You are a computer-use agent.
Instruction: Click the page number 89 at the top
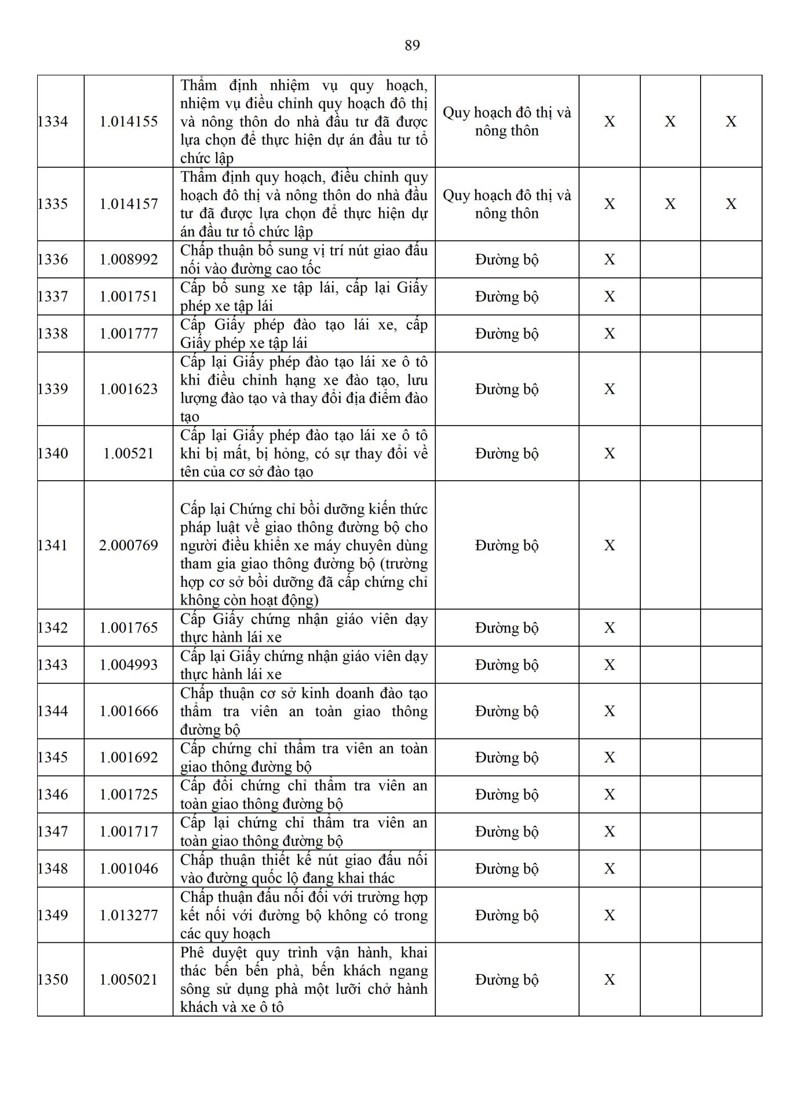tap(412, 45)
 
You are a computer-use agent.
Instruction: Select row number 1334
tap(53, 122)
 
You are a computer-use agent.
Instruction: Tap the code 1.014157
tap(129, 204)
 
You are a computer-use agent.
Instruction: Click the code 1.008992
tap(129, 259)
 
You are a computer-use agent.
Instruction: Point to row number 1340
tap(53, 453)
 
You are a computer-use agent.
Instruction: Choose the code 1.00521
tap(129, 453)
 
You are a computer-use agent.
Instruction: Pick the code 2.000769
tap(129, 545)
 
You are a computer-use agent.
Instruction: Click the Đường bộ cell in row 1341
tap(507, 545)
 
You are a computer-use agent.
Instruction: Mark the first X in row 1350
tap(609, 979)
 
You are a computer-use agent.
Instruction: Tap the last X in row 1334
tap(731, 122)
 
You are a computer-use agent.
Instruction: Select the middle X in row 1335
tap(670, 204)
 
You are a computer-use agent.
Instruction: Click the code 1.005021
tap(129, 979)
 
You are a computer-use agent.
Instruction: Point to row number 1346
tap(53, 795)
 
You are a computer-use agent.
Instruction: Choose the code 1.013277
tap(129, 915)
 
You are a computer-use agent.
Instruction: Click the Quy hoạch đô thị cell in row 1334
tap(507, 122)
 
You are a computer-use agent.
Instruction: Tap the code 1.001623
tap(129, 389)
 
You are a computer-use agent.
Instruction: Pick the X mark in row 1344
tap(609, 711)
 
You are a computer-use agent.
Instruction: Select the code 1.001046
tap(129, 869)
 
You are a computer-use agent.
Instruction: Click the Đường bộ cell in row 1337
tap(507, 297)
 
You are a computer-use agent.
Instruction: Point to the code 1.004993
tap(129, 665)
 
